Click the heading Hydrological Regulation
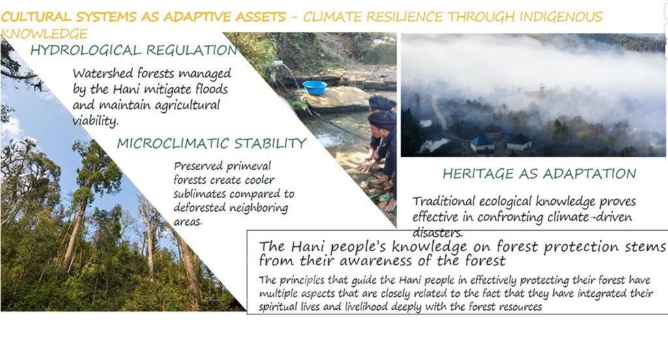pos(134,50)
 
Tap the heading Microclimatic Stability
pos(211,143)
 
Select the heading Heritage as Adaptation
pos(539,173)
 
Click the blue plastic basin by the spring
pos(314,87)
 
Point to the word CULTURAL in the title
pos(37,16)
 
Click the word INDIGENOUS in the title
pos(561,16)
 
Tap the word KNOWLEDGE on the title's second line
pos(44,34)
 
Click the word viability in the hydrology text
pos(95,121)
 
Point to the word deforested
pos(200,208)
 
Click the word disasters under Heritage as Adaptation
pos(437,233)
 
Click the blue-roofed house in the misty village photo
pos(483,144)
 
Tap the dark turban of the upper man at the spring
pos(380,103)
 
